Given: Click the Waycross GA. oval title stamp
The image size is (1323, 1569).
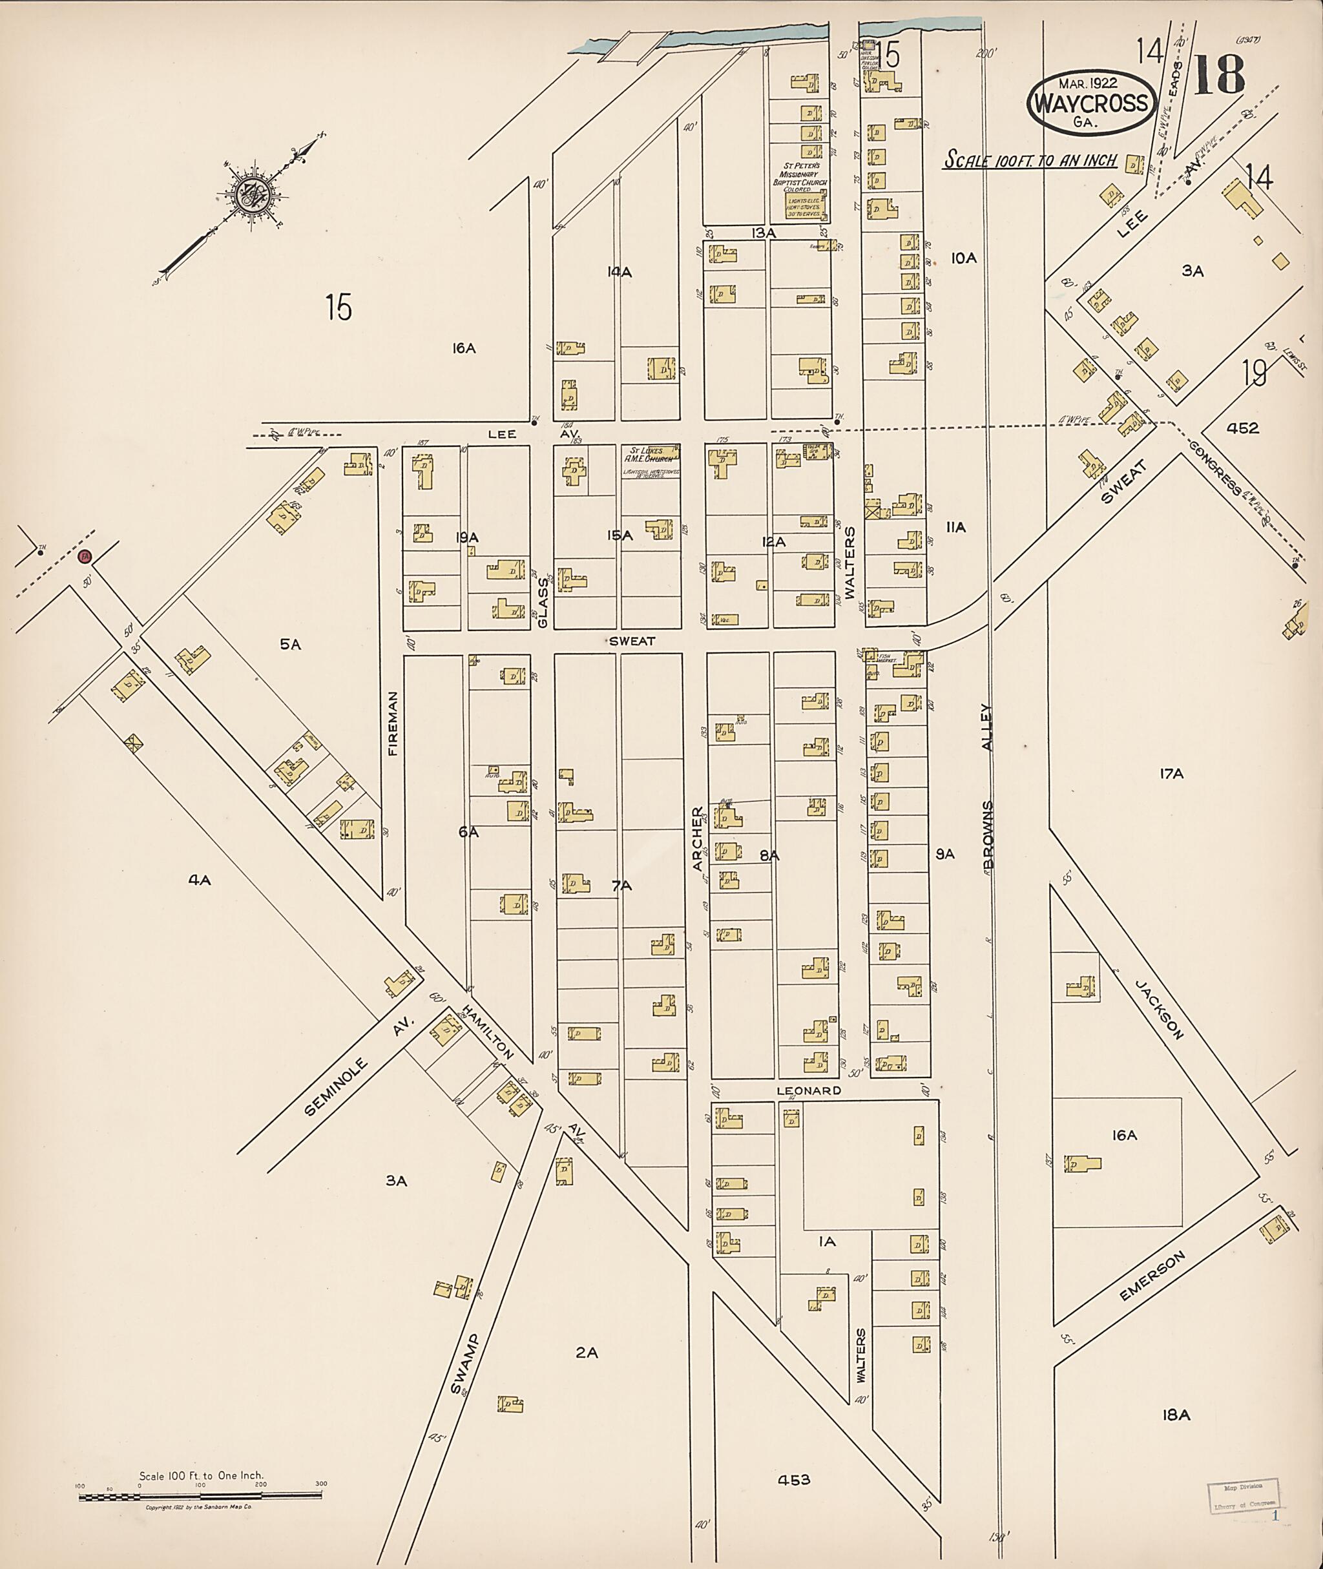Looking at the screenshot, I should tap(1092, 103).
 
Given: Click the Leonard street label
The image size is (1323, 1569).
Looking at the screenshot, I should tap(809, 1090).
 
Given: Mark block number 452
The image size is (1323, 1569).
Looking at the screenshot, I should tap(1243, 428).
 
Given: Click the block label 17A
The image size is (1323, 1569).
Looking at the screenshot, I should tap(1171, 773).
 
